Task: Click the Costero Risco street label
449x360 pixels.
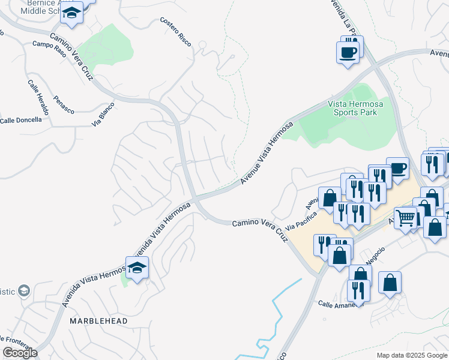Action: tap(175, 29)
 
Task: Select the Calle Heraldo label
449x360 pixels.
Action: tap(38, 97)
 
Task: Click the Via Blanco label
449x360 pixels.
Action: tap(103, 114)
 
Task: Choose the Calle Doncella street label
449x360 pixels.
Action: tap(21, 120)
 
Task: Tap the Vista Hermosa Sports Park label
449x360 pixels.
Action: tap(355, 107)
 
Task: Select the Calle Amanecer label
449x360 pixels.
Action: tap(340, 304)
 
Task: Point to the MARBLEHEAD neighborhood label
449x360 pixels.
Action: tap(98, 322)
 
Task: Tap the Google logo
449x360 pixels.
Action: tap(20, 353)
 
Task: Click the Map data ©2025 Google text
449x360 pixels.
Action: tap(411, 355)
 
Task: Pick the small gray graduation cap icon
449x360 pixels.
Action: tap(24, 291)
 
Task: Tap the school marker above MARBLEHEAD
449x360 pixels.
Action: tap(137, 268)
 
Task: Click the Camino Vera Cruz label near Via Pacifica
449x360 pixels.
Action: tap(261, 230)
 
